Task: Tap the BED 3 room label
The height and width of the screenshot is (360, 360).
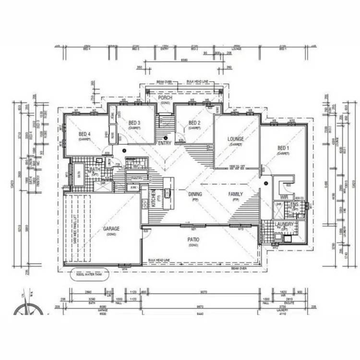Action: click(134, 123)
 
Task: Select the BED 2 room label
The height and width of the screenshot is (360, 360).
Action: click(194, 123)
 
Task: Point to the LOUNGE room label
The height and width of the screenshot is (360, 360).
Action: click(236, 139)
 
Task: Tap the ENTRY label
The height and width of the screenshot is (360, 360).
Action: click(164, 143)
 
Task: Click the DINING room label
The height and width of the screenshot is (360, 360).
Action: click(194, 194)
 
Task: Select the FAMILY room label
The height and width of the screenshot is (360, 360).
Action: click(235, 194)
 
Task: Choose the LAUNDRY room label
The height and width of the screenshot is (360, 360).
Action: click(284, 224)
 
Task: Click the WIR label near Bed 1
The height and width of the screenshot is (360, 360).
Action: click(283, 197)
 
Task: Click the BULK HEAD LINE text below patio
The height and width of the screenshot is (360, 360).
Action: click(160, 259)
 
